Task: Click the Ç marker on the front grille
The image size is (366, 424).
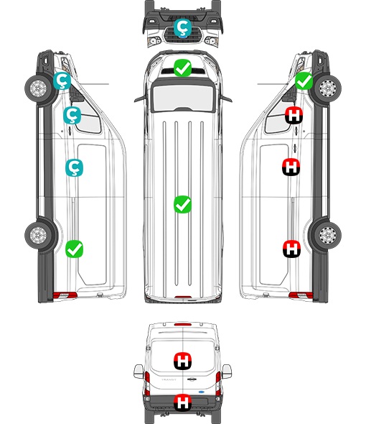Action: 182,27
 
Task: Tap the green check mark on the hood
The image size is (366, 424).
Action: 182,68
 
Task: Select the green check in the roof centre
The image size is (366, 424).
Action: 182,204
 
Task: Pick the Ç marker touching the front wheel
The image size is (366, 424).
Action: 62,81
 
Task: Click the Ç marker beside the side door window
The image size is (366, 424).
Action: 72,115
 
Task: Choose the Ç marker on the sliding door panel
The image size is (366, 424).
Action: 75,167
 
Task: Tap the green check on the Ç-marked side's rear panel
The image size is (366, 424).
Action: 75,249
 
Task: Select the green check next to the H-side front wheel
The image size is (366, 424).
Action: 304,81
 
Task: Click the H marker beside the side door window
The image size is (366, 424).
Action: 294,116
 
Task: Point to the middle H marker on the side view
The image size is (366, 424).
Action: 291,167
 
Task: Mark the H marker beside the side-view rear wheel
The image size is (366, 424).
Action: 291,249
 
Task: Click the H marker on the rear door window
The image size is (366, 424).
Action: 183,361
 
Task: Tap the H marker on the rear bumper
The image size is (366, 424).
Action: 183,402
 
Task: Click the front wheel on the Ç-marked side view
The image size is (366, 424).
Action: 39,88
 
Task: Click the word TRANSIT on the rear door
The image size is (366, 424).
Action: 169,379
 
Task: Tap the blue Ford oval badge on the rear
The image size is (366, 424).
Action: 202,392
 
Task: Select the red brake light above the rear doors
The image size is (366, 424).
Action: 183,324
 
